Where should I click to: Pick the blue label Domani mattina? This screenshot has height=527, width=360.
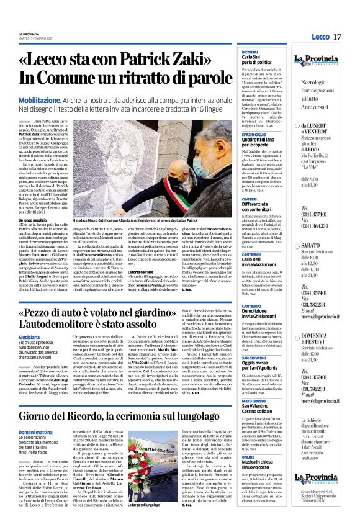35,432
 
